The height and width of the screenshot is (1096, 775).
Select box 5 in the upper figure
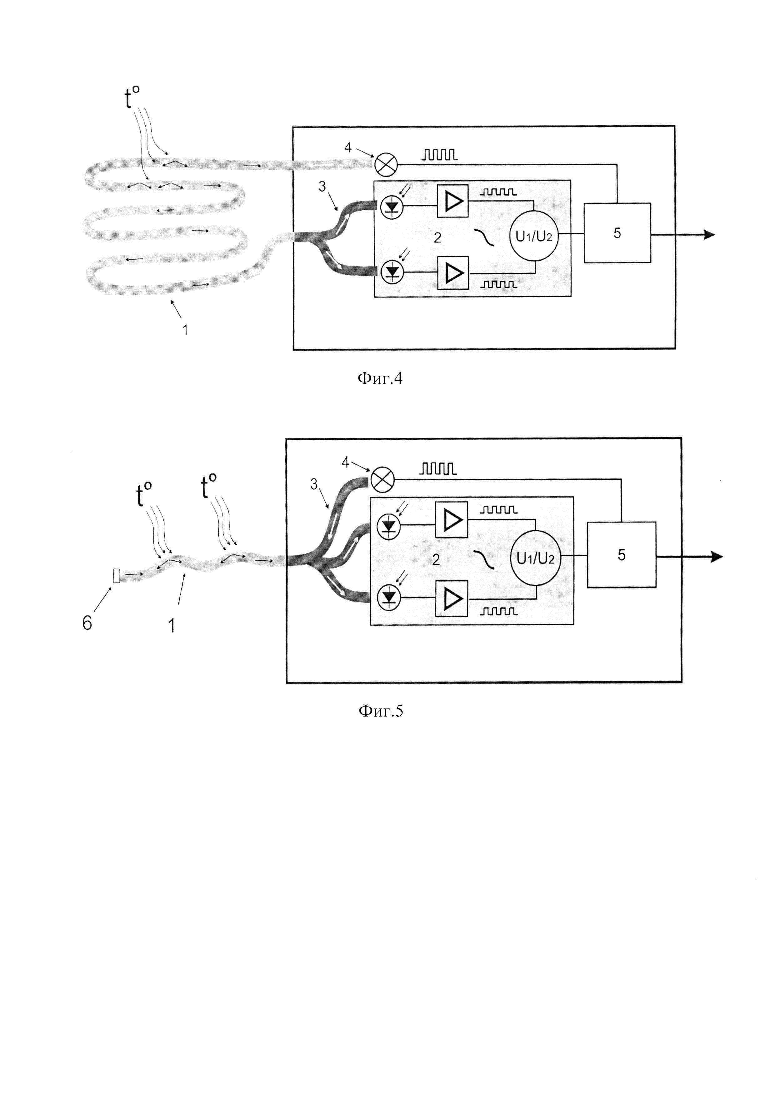click(617, 233)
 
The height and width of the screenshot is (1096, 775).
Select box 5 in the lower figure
click(621, 555)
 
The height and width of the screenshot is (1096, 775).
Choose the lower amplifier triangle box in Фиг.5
click(452, 598)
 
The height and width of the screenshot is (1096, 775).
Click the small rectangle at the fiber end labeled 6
click(116, 575)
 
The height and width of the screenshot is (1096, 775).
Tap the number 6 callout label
click(87, 623)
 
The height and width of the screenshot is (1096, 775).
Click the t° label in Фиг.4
click(132, 98)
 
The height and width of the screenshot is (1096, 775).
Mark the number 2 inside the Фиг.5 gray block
click(435, 559)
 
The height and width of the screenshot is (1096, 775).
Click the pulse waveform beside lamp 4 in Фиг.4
click(439, 154)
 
